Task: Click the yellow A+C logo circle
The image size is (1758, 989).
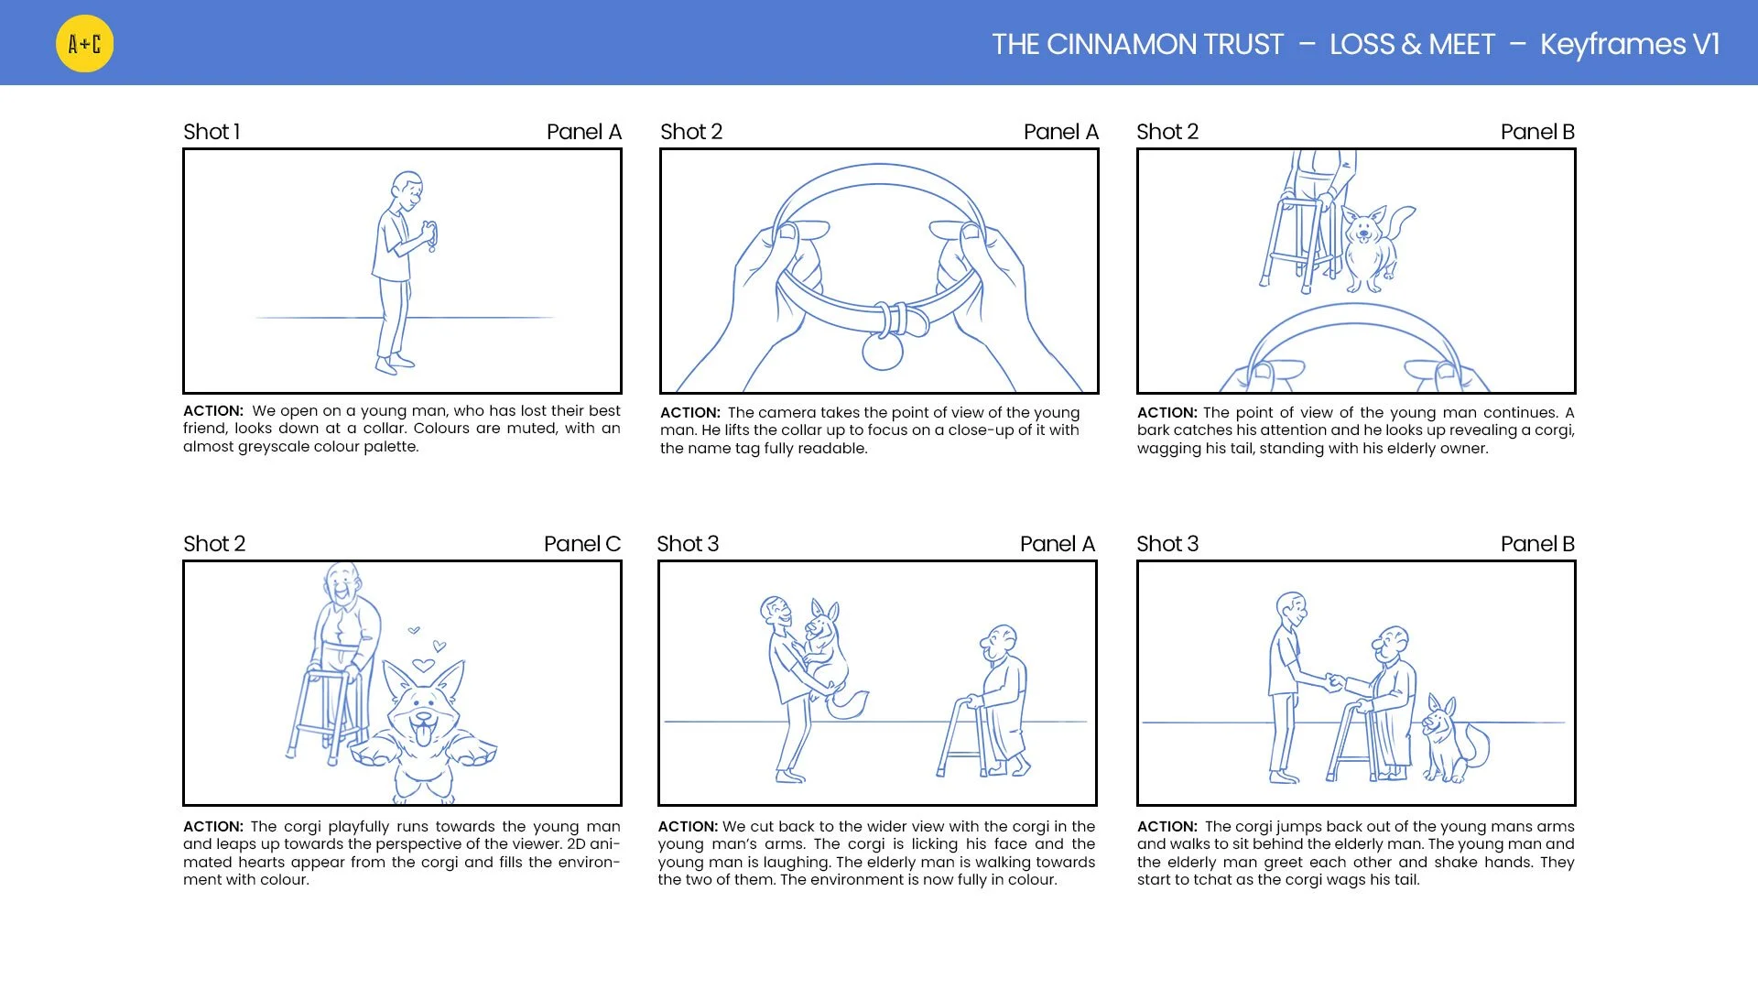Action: (x=84, y=43)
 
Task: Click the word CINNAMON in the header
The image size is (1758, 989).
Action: (x=1165, y=44)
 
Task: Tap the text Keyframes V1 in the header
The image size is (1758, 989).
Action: (x=1630, y=44)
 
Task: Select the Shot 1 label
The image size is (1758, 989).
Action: (x=212, y=132)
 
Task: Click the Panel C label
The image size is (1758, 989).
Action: (x=582, y=544)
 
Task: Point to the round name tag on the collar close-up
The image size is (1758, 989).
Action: (x=883, y=351)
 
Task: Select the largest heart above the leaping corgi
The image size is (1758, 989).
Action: (x=423, y=666)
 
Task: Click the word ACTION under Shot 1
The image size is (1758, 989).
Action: (x=213, y=411)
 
